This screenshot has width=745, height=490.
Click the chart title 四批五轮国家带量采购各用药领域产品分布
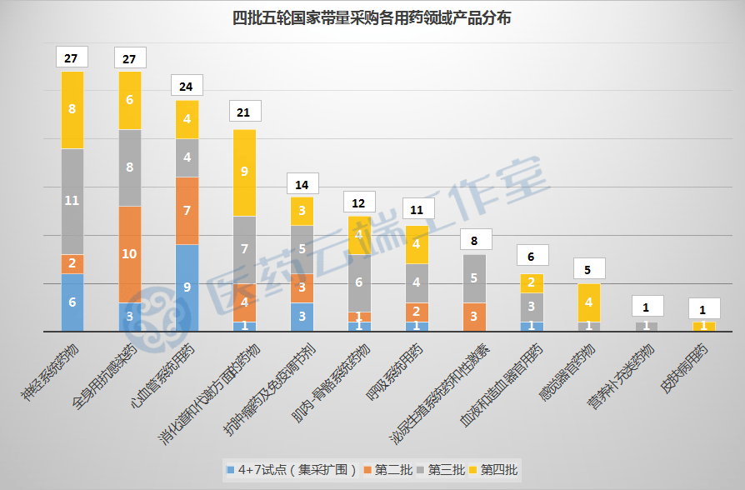click(372, 17)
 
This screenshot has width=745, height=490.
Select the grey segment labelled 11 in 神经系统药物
click(72, 201)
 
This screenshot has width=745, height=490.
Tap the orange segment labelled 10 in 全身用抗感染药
click(130, 253)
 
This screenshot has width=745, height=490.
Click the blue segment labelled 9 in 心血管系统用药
click(187, 287)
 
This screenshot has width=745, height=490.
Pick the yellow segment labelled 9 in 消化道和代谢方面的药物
click(244, 172)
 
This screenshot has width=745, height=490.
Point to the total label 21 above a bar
click(244, 112)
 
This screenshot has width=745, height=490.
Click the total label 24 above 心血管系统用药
click(187, 86)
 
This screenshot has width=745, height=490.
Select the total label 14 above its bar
click(302, 183)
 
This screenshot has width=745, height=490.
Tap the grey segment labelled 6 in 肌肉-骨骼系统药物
click(359, 282)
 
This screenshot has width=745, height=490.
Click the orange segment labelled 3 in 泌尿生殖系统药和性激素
click(474, 317)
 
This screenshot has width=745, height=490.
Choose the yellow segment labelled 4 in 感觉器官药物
click(589, 302)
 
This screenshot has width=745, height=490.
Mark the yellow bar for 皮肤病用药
click(704, 327)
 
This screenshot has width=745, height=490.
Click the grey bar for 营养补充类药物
click(647, 327)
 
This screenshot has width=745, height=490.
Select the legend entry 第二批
click(392, 471)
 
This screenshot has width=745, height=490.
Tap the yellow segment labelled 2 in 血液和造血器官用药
click(532, 282)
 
